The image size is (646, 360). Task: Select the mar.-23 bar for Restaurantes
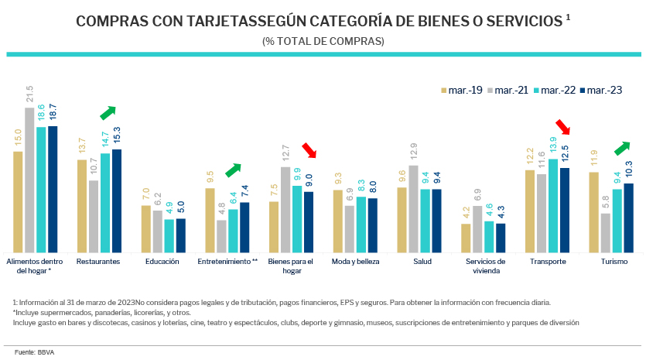(117, 201)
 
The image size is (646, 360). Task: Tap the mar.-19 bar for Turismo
(594, 212)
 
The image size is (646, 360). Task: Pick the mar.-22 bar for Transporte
(552, 206)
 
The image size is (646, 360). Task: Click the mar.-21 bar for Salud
(414, 209)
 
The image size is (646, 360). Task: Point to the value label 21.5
(29, 94)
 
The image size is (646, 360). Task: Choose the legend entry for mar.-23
(600, 91)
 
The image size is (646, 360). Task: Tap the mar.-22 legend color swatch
(535, 91)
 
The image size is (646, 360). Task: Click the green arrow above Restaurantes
(111, 112)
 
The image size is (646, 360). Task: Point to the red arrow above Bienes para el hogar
(309, 149)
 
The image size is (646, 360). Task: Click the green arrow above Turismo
(622, 146)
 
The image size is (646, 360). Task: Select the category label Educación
(162, 262)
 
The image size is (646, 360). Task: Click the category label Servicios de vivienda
(485, 266)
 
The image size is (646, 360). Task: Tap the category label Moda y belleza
(355, 262)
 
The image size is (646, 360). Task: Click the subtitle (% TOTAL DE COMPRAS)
(323, 41)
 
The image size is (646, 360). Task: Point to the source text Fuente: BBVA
(29, 352)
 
